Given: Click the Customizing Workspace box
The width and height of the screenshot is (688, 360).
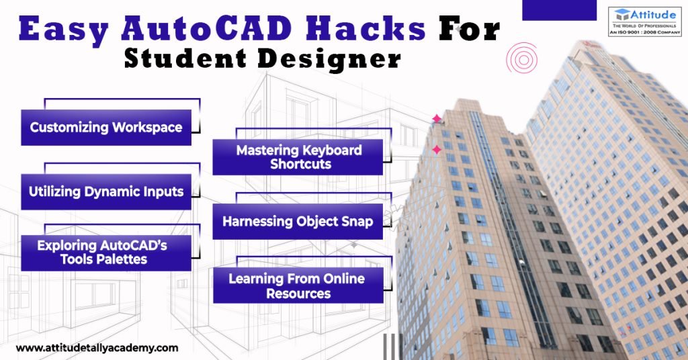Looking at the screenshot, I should (106, 128).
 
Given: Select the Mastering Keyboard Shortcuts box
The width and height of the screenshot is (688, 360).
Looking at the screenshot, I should (298, 157).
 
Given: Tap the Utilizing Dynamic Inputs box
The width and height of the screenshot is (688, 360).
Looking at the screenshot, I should (106, 191).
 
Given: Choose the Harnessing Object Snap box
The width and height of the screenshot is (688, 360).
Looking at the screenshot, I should (298, 221).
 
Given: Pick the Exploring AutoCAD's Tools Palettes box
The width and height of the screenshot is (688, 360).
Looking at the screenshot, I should (106, 252).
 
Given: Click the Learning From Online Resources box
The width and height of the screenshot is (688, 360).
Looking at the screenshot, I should (298, 285).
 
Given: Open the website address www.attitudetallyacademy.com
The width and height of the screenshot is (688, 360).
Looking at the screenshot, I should (97, 348).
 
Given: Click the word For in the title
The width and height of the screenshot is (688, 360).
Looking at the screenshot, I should (468, 30).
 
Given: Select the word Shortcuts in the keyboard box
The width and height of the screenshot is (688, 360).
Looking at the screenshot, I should (298, 165).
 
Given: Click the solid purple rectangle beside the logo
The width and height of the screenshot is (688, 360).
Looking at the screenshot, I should (559, 9).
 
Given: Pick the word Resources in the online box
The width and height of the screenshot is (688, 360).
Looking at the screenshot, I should (298, 294).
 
